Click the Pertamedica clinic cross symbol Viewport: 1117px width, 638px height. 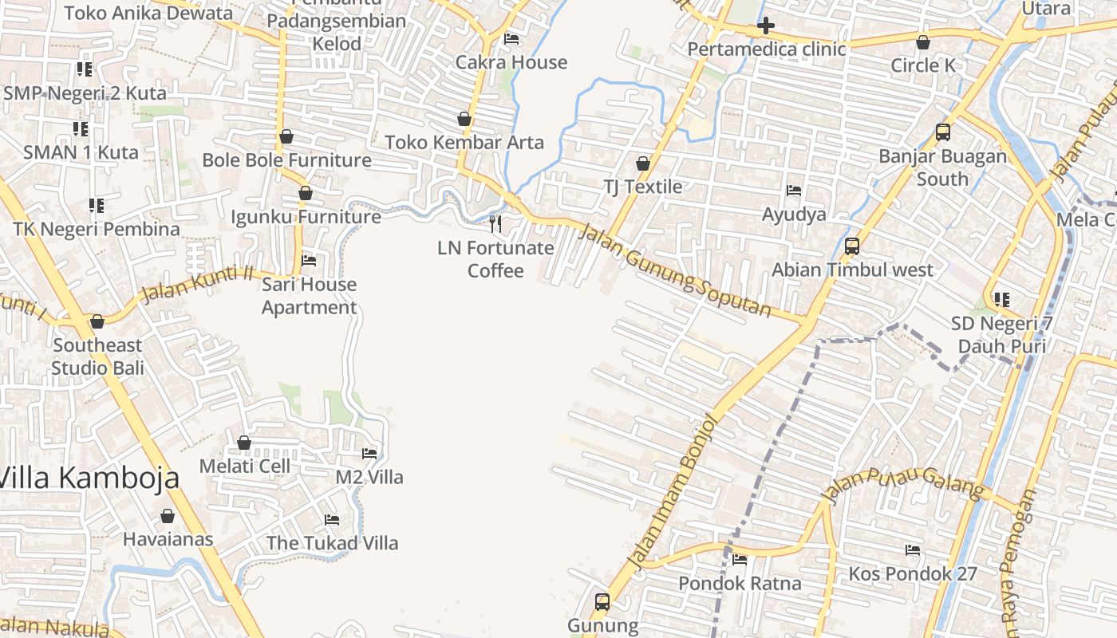766,26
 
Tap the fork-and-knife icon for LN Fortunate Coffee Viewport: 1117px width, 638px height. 495,223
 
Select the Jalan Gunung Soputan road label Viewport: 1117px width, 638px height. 674,272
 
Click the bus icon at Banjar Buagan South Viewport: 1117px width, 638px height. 943,132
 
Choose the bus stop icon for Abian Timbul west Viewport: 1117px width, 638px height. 852,246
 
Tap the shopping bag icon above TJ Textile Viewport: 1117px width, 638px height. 643,163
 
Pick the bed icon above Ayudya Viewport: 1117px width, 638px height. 794,191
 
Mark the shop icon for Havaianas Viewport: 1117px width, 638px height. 168,516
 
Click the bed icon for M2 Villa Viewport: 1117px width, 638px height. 369,454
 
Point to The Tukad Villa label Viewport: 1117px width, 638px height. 332,543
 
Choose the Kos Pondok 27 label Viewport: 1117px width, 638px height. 913,573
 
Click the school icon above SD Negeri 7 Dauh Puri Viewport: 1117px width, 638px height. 1002,300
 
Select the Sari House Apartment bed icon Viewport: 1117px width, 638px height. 309,261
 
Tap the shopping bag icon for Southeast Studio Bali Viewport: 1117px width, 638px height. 97,321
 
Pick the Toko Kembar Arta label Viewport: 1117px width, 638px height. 464,143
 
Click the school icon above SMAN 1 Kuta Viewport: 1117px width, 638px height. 80,128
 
